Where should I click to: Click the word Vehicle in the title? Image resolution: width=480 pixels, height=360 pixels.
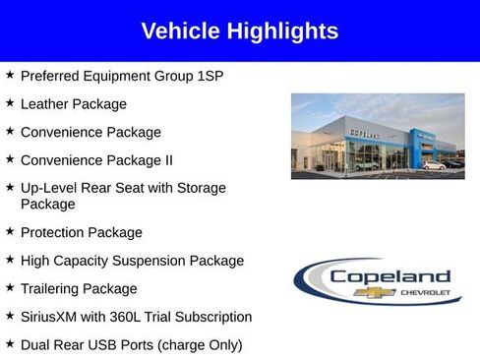pyautogui.click(x=181, y=31)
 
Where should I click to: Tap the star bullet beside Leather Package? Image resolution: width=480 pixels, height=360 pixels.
pyautogui.click(x=10, y=102)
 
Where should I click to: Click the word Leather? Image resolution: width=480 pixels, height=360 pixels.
pyautogui.click(x=45, y=103)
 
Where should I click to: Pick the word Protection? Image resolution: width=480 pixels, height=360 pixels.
pyautogui.click(x=53, y=232)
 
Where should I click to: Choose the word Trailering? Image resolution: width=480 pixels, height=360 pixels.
pyautogui.click(x=52, y=289)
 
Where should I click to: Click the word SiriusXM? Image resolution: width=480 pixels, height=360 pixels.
pyautogui.click(x=53, y=317)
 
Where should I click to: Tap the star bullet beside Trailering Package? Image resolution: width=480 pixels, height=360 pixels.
pyautogui.click(x=10, y=288)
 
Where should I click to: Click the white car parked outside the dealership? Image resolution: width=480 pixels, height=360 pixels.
pyautogui.click(x=433, y=164)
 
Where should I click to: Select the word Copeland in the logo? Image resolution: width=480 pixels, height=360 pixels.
pyautogui.click(x=390, y=276)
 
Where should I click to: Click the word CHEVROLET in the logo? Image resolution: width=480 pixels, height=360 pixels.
pyautogui.click(x=424, y=293)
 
